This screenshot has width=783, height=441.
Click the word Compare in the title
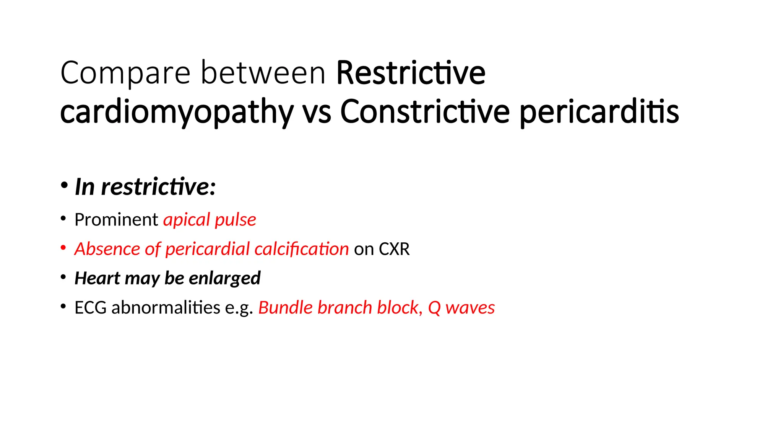[x=125, y=73]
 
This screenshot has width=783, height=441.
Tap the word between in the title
[x=263, y=73]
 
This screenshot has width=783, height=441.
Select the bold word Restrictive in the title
[x=411, y=73]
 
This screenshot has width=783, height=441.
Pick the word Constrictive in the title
[x=425, y=112]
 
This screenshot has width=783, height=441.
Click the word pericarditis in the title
[x=599, y=112]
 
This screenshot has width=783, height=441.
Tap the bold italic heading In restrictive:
[x=145, y=187]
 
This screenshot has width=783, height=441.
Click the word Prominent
[x=116, y=220]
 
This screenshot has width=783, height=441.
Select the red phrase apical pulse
[x=210, y=220]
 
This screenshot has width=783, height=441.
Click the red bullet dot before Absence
[x=63, y=248]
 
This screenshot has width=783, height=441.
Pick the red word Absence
[x=107, y=249]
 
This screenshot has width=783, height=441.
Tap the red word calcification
[x=301, y=249]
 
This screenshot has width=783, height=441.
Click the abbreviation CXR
[x=394, y=249]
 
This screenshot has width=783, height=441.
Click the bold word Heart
[x=97, y=278]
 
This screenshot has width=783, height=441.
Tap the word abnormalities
[x=166, y=308]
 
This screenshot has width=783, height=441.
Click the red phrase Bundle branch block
[x=340, y=308]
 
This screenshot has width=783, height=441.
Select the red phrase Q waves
[x=461, y=308]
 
